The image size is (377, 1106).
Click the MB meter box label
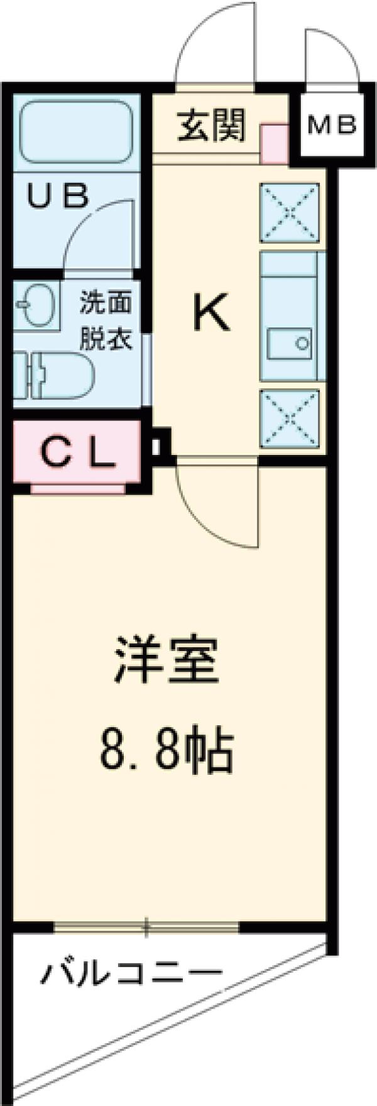pos(331,125)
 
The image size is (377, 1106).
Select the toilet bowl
pos(60,376)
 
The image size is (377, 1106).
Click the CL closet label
pos(77,450)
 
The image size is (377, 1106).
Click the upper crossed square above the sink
pos(290,212)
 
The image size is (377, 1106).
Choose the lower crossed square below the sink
pos(290,418)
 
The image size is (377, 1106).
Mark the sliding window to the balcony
pos(146,926)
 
